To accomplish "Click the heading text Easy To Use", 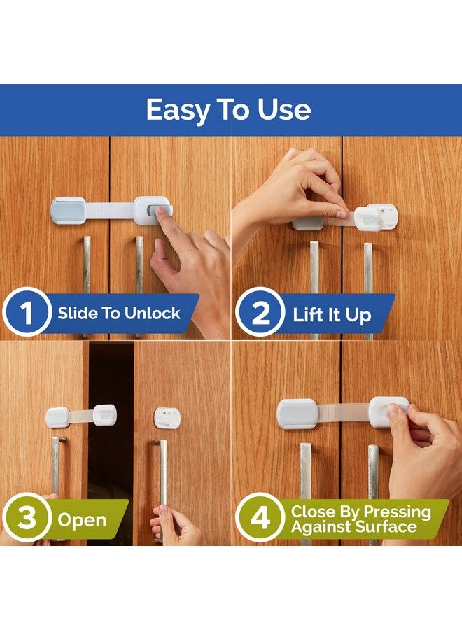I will [228, 110].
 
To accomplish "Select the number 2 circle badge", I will [260, 314].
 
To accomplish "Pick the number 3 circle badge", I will [27, 519].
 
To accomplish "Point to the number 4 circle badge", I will [260, 519].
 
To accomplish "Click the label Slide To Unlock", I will [119, 314].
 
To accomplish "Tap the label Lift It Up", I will [332, 315].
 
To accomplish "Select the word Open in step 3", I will [82, 520].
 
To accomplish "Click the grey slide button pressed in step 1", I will [160, 209].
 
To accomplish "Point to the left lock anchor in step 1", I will [69, 211].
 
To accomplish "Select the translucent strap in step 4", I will [343, 412].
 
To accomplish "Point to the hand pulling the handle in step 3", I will [174, 525].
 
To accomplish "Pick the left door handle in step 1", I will [86, 266].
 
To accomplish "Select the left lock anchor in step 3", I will [57, 417].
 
